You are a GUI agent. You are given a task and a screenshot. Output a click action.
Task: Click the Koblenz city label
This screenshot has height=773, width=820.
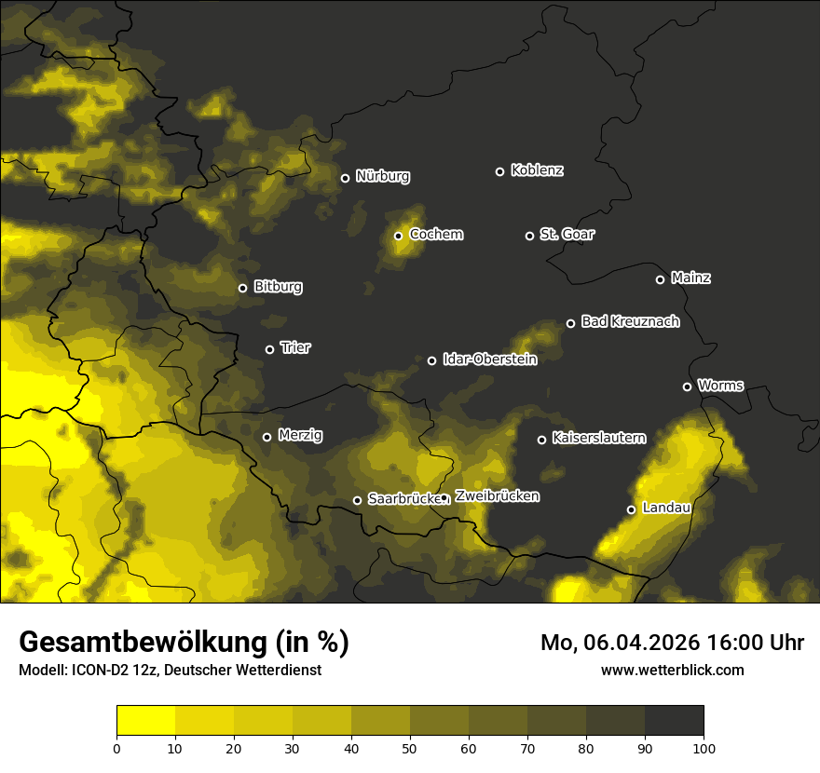[537, 170]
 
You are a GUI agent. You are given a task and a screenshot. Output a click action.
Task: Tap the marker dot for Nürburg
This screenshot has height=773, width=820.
[345, 178]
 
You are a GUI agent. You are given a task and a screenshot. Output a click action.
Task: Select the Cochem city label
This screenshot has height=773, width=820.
[435, 235]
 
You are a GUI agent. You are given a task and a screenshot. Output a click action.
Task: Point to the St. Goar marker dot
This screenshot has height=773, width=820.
[529, 236]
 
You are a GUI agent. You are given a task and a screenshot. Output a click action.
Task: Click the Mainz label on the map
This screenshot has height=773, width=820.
[690, 278]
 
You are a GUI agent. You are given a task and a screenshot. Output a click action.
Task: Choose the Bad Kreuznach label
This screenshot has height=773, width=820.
[630, 322]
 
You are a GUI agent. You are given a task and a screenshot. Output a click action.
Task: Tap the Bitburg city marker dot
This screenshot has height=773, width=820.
[242, 288]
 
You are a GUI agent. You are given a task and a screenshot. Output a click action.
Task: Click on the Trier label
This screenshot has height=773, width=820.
[295, 348]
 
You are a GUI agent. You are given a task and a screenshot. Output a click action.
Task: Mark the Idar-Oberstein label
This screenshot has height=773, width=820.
[489, 359]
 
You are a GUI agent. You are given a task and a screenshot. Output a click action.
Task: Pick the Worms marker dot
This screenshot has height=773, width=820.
[687, 386]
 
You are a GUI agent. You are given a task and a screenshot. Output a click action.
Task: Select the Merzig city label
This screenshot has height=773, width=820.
[300, 436]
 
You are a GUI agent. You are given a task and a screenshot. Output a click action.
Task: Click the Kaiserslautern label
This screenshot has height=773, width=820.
[598, 439]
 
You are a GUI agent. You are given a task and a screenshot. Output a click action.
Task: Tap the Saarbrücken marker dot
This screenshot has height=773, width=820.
[357, 500]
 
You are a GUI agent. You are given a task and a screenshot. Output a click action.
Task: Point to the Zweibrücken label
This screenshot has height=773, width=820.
[497, 496]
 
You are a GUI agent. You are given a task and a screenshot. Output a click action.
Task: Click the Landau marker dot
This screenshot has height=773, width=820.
[631, 509]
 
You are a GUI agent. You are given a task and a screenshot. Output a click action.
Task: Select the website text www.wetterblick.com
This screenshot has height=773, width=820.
[672, 670]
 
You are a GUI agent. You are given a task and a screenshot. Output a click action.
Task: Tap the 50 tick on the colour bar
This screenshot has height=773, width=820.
[410, 747]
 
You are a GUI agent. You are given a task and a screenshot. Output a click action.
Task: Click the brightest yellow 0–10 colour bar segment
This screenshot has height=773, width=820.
[145, 720]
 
